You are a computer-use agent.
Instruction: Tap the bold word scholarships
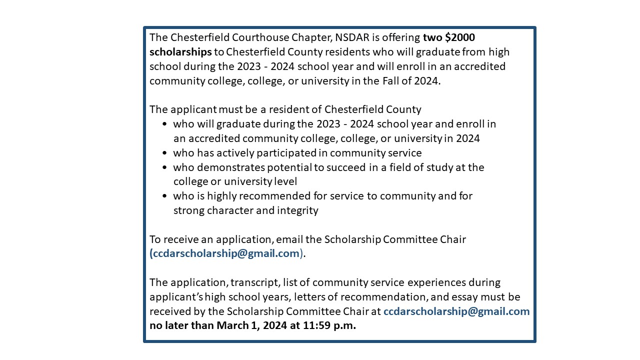(x=180, y=52)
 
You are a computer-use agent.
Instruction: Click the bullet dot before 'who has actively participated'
(x=165, y=153)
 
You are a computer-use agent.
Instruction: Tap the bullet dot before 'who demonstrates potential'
(x=165, y=167)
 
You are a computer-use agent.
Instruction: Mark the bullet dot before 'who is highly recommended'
(x=165, y=196)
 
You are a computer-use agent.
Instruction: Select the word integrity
(x=298, y=210)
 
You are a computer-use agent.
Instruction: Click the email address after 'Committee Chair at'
(x=456, y=311)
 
